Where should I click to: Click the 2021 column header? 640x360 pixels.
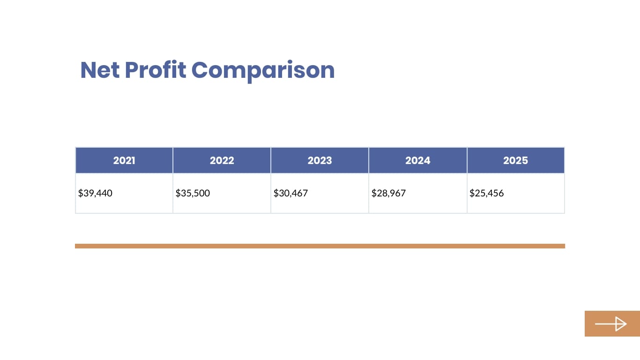(124, 160)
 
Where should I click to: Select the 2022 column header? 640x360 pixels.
(222, 160)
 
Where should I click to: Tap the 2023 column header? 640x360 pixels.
(320, 160)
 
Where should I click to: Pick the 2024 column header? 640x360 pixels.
(417, 160)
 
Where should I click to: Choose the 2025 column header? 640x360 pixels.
(515, 160)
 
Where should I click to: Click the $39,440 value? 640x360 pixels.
(95, 193)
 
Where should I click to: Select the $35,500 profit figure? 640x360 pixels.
(193, 193)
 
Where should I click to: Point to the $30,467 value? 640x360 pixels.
(290, 193)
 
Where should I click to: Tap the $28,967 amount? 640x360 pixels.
(388, 193)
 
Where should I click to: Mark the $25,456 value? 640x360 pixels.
(486, 193)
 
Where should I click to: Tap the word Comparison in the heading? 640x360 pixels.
(263, 70)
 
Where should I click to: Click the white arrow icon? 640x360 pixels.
(610, 323)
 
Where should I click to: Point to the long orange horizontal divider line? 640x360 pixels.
(320, 246)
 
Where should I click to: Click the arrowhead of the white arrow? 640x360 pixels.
(621, 323)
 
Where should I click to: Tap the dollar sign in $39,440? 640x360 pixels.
(81, 193)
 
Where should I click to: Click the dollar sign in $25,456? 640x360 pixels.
(472, 193)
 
